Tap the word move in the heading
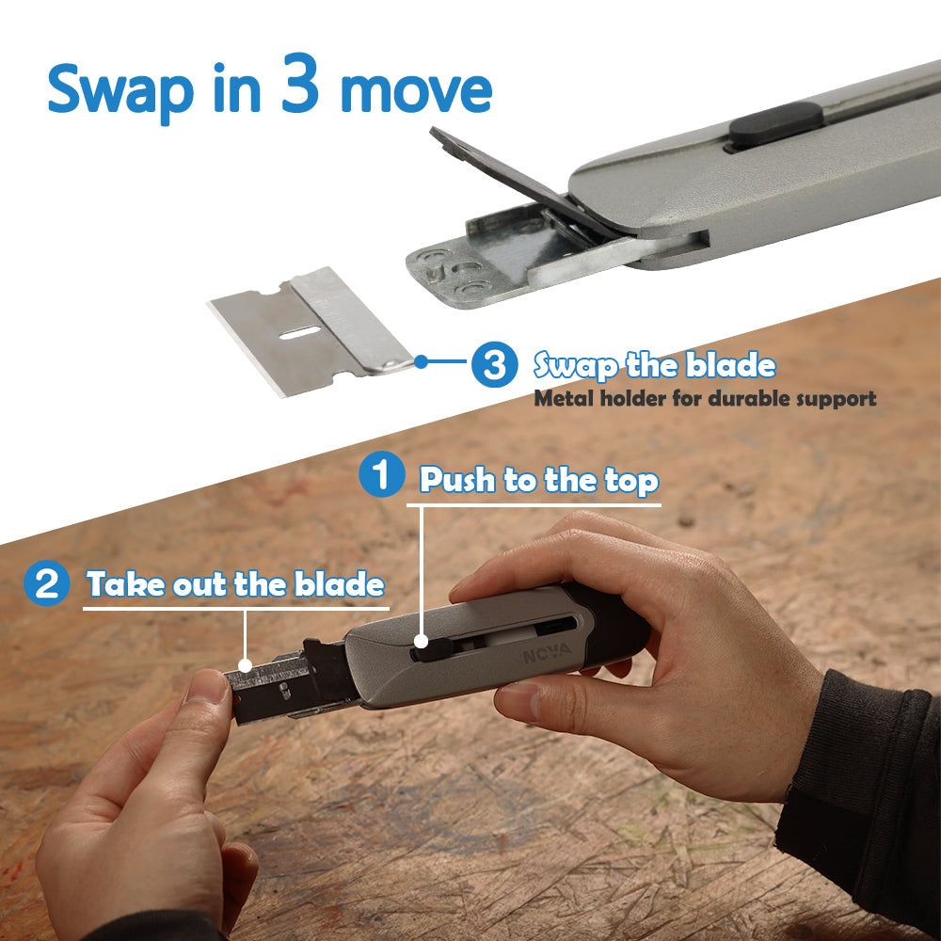point(414,90)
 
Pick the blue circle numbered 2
point(46,583)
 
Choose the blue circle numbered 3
point(493,363)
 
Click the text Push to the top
point(538,480)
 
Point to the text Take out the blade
point(235,584)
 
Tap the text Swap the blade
point(655,365)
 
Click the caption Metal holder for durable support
point(705,398)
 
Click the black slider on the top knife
point(773,126)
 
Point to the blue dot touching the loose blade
point(421,359)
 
